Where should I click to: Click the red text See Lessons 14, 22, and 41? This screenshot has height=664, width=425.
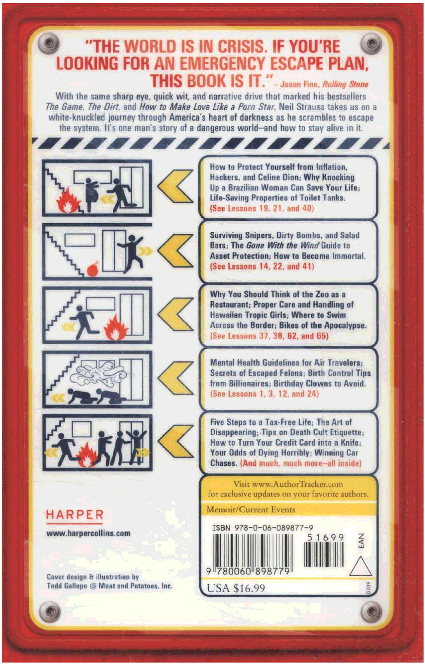tap(262, 266)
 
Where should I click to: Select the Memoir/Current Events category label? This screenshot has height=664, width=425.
tap(251, 509)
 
